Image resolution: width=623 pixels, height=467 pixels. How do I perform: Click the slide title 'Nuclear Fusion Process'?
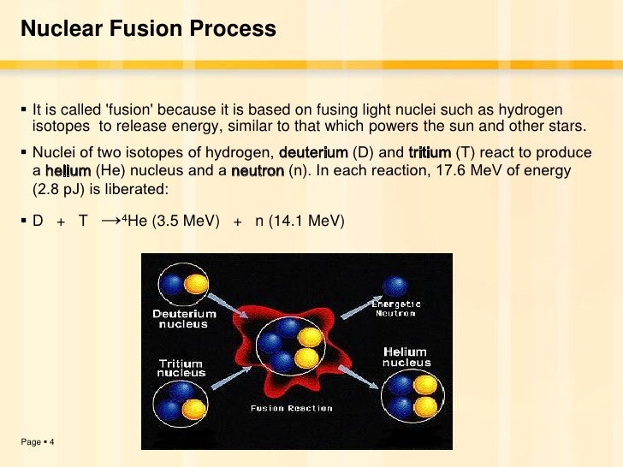point(148,30)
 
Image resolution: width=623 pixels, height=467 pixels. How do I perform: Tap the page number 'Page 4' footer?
point(38,441)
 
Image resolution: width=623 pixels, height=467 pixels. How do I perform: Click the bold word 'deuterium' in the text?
point(314,153)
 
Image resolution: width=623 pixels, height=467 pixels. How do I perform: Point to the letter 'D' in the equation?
point(38,221)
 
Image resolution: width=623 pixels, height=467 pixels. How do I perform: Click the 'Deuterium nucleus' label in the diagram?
point(185,319)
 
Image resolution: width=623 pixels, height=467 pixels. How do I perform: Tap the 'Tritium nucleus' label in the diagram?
point(182,368)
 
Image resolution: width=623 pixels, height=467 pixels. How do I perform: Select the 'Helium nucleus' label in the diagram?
point(406,357)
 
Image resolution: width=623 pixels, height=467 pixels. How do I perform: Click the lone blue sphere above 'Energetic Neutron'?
point(395,286)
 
